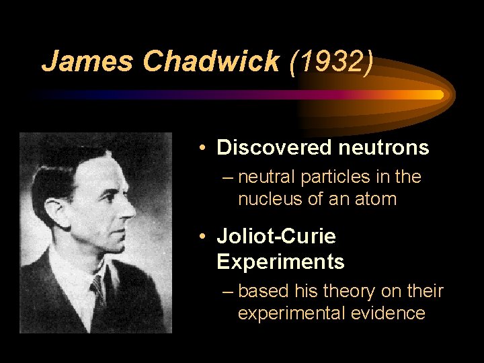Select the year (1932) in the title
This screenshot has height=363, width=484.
[329, 61]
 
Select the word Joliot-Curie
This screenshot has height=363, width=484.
[276, 237]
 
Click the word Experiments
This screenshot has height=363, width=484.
[280, 261]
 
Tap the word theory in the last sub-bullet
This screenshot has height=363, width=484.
[349, 291]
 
